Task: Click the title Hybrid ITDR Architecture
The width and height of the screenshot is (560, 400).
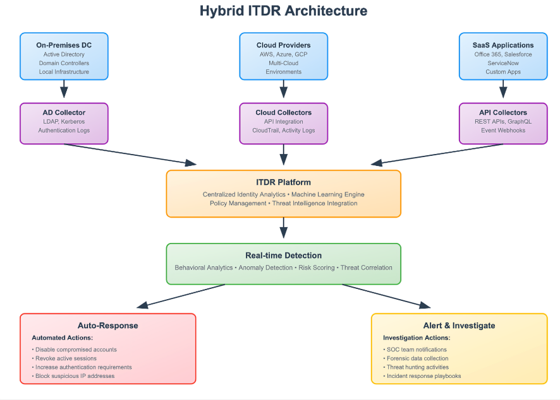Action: point(283,11)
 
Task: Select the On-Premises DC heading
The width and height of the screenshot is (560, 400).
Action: point(64,45)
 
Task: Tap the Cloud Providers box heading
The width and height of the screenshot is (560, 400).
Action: point(283,45)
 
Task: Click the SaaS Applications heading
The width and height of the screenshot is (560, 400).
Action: point(503,45)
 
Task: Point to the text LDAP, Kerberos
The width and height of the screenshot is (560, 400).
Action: point(64,121)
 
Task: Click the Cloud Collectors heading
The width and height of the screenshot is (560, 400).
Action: point(283,112)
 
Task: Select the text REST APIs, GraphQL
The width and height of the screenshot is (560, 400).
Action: point(503,121)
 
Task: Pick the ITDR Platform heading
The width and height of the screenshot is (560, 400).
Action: point(283,182)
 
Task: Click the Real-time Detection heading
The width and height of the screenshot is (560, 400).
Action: point(283,256)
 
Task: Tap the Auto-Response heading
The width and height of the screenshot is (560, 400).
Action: point(107,326)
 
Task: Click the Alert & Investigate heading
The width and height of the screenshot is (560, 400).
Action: point(459,326)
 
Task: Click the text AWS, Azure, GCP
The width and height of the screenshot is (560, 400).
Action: point(283,54)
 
